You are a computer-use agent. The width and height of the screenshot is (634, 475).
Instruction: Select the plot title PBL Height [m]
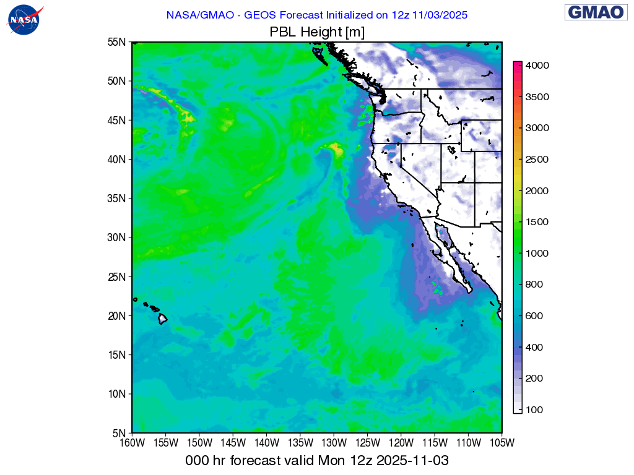coord(316,32)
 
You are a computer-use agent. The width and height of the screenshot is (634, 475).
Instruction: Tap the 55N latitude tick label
coord(118,42)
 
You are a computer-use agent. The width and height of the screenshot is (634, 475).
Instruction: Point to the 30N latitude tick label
coord(118,237)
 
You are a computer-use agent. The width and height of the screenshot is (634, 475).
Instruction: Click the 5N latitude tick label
coord(120,433)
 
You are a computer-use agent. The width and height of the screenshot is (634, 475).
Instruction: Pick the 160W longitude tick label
coord(132,443)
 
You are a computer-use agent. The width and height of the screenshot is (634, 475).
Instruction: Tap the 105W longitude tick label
coord(502,443)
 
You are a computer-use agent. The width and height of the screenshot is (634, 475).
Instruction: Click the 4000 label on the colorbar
coord(537,65)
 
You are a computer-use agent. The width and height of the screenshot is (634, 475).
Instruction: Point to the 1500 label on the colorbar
coord(537,222)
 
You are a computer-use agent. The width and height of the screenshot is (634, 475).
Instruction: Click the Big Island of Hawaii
coord(162,319)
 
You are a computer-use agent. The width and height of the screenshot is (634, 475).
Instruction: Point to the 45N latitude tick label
coord(118,120)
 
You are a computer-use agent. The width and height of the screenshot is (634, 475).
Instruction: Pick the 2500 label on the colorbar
coord(537,160)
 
